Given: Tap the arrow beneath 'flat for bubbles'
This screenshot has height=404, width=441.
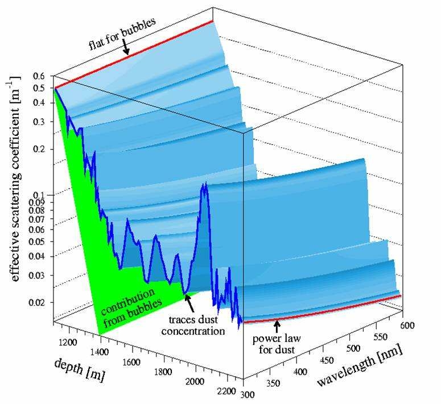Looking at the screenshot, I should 126,50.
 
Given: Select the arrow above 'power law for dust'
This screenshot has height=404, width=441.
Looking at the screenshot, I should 277,327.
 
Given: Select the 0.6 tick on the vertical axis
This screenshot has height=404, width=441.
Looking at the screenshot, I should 39,76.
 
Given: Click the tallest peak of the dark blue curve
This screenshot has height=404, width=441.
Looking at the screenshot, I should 203,186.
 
